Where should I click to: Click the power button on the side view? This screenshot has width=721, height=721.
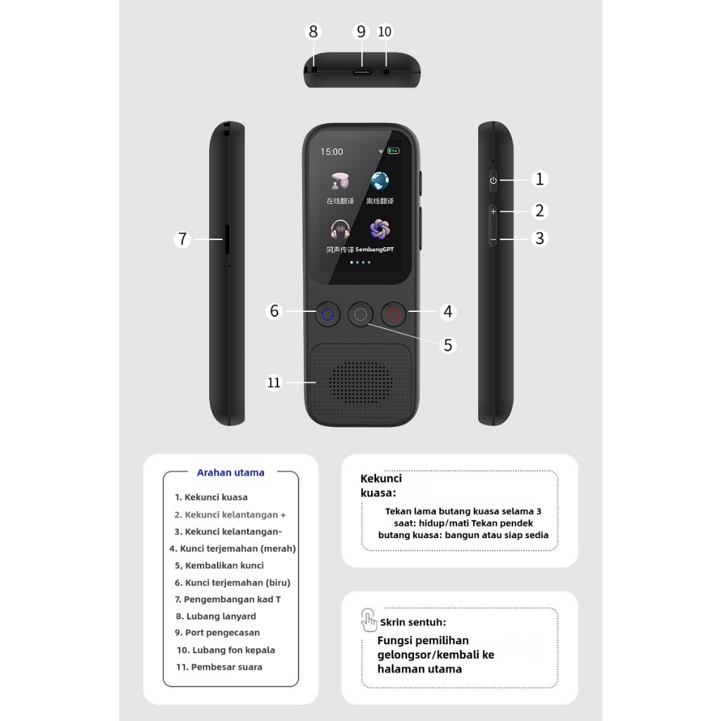(493, 180)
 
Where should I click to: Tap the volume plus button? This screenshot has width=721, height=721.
(493, 211)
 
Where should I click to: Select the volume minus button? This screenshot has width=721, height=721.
(493, 240)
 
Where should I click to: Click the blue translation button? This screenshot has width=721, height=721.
(327, 315)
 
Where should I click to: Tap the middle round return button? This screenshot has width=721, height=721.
(360, 315)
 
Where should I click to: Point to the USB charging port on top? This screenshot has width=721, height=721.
(362, 70)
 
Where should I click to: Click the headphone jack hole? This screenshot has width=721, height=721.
(386, 71)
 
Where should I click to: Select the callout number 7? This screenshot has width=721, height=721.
(182, 239)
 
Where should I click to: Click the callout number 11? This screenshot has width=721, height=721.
(274, 382)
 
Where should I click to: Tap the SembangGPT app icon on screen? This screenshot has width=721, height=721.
(380, 230)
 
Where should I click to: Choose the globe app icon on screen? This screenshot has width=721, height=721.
(380, 181)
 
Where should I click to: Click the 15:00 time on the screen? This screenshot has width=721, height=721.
(332, 151)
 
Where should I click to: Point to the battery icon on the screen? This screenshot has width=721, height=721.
(392, 150)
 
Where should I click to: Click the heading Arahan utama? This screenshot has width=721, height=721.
(231, 472)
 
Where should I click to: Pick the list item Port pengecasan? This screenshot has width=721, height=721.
(222, 633)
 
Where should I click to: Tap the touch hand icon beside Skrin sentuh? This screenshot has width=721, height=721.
(369, 620)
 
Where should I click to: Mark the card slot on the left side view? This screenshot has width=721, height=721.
(225, 239)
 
